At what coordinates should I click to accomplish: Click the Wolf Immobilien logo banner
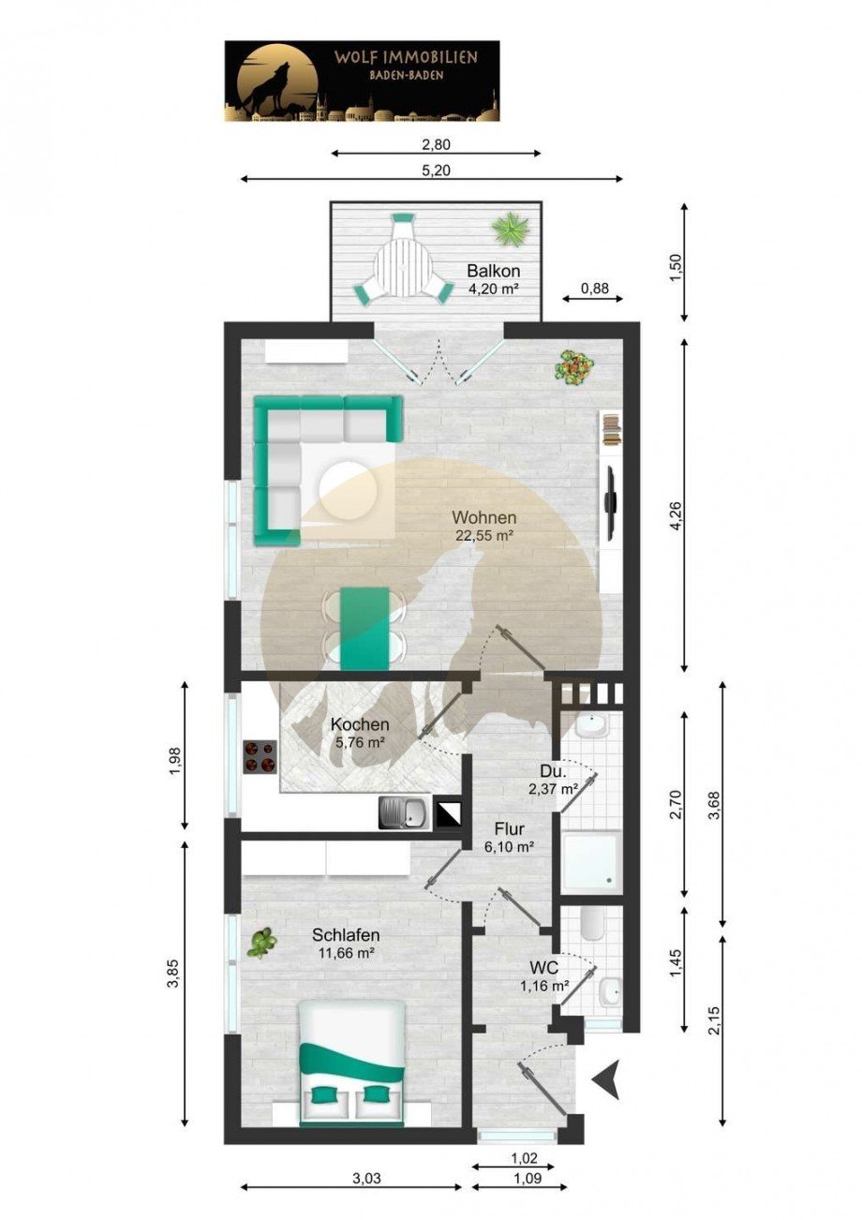pyautogui.click(x=362, y=81)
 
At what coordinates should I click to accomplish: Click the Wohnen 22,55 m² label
pyautogui.click(x=483, y=526)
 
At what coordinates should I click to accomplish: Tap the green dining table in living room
pyautogui.click(x=364, y=628)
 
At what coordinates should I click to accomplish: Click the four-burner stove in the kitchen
pyautogui.click(x=260, y=755)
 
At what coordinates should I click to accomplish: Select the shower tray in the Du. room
pyautogui.click(x=589, y=861)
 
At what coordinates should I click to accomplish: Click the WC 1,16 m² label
pyautogui.click(x=544, y=975)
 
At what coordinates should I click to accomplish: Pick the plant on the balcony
pyautogui.click(x=512, y=228)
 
